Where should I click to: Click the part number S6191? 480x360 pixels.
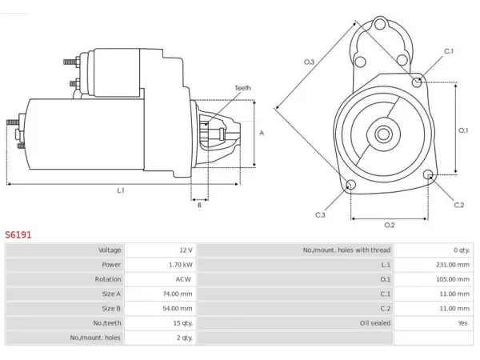(18, 234)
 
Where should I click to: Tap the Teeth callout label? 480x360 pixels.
(242, 88)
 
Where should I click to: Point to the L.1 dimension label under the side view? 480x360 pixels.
(121, 190)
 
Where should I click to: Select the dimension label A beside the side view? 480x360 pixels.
(262, 133)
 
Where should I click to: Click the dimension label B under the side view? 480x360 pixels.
(199, 205)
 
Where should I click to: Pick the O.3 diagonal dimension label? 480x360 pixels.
(309, 62)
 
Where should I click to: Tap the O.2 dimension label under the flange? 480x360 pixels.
(390, 226)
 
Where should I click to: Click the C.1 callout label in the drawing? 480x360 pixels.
(449, 51)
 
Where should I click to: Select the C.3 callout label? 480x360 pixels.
(320, 215)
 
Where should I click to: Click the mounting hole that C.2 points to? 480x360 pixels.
(429, 174)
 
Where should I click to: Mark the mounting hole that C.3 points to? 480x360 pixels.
(350, 185)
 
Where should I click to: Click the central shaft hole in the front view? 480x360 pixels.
(383, 134)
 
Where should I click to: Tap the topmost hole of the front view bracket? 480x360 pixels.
(380, 24)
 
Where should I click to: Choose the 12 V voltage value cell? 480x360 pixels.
(186, 250)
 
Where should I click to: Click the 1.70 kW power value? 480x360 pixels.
(181, 265)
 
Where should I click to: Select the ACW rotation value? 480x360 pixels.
(183, 279)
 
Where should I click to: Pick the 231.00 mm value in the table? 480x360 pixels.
(453, 265)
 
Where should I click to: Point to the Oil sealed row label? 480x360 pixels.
(375, 323)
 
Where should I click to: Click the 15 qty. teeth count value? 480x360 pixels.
(182, 323)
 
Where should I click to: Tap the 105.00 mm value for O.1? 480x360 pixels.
(453, 279)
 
